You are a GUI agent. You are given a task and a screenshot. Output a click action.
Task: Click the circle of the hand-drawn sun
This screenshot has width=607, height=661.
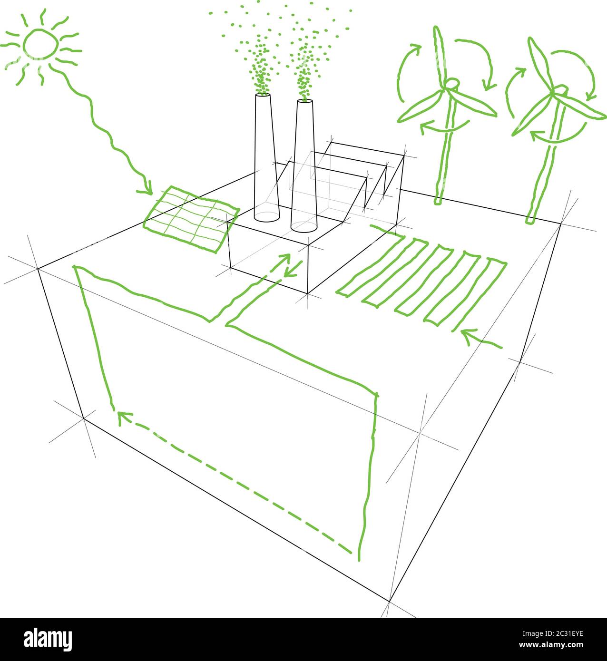[x=40, y=43]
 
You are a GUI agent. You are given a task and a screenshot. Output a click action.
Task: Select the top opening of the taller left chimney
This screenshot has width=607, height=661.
[x=263, y=95]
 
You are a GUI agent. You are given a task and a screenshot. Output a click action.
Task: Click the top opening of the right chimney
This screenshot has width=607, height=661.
[x=304, y=101]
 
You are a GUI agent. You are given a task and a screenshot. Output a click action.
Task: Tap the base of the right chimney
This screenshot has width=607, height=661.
[x=303, y=227]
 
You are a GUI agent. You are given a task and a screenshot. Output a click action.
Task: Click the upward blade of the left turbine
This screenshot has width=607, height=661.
[x=439, y=52]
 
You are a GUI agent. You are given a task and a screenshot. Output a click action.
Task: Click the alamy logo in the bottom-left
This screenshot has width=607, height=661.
[x=48, y=640]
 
